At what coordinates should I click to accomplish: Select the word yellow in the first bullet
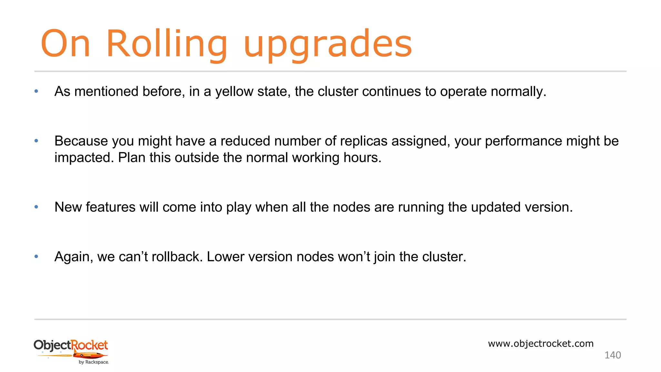(x=234, y=92)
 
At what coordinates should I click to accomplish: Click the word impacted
(x=84, y=158)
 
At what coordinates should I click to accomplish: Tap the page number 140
(x=613, y=355)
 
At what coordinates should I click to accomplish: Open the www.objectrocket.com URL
(x=541, y=344)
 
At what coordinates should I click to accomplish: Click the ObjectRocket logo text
(x=71, y=345)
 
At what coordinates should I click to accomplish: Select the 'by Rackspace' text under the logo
(x=94, y=362)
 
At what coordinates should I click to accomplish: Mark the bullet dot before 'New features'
(x=36, y=207)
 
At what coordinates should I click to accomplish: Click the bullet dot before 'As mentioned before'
(x=36, y=91)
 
